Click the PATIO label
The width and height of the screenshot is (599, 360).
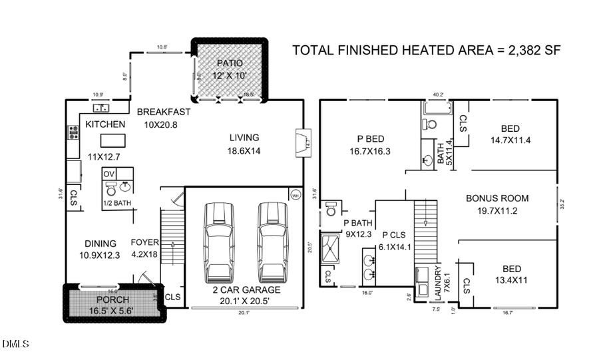click(230, 63)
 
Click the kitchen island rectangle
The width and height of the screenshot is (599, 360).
click(112, 140)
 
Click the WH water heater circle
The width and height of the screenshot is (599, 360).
click(295, 194)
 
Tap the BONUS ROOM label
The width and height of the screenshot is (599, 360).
click(497, 198)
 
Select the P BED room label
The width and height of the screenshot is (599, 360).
click(369, 139)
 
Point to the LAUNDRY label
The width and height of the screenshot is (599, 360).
click(437, 283)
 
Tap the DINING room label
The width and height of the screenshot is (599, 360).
click(100, 244)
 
